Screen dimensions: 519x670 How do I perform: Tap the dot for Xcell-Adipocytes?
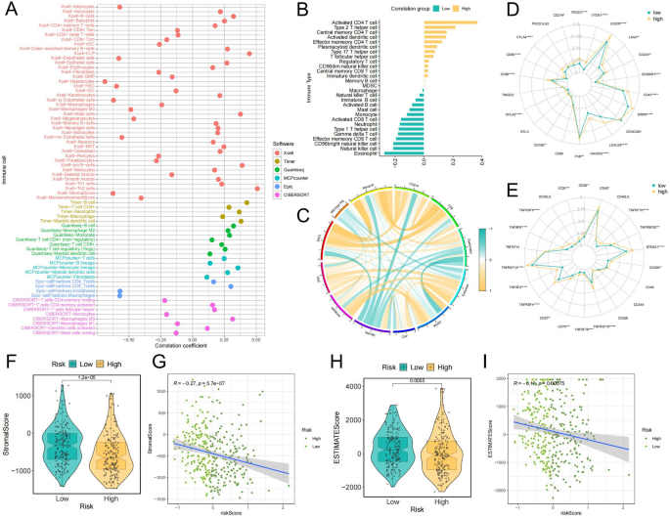[x=119, y=8]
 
